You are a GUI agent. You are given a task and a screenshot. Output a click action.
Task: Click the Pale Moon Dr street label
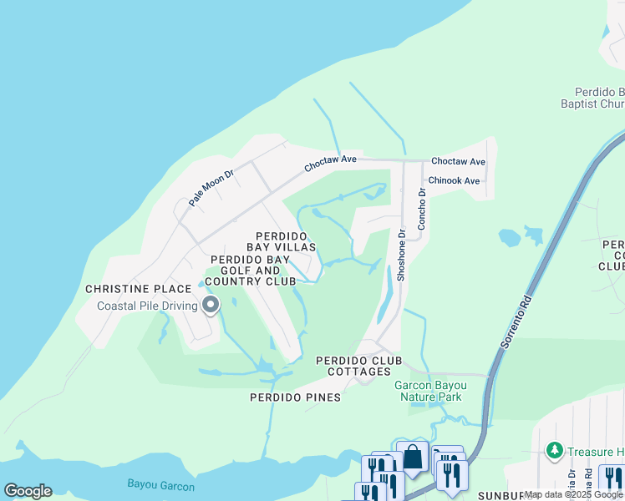(210, 187)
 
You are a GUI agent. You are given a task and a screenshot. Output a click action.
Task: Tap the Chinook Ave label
(454, 180)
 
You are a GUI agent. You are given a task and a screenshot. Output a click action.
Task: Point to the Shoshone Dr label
(401, 255)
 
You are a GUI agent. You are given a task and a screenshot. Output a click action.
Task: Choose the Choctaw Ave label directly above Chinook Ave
(457, 161)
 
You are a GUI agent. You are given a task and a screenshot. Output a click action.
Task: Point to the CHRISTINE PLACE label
(139, 289)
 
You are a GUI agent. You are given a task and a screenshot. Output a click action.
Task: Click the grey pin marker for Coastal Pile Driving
(211, 306)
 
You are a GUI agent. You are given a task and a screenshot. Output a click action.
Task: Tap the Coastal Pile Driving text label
(147, 306)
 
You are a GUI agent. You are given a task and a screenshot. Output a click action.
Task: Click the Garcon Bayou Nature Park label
(428, 391)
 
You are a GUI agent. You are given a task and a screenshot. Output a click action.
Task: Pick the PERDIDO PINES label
(295, 397)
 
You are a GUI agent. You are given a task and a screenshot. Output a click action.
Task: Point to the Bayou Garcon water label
(160, 485)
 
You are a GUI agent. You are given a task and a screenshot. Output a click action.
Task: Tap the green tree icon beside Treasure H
(554, 451)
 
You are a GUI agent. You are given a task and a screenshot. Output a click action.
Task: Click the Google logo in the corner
(28, 490)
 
